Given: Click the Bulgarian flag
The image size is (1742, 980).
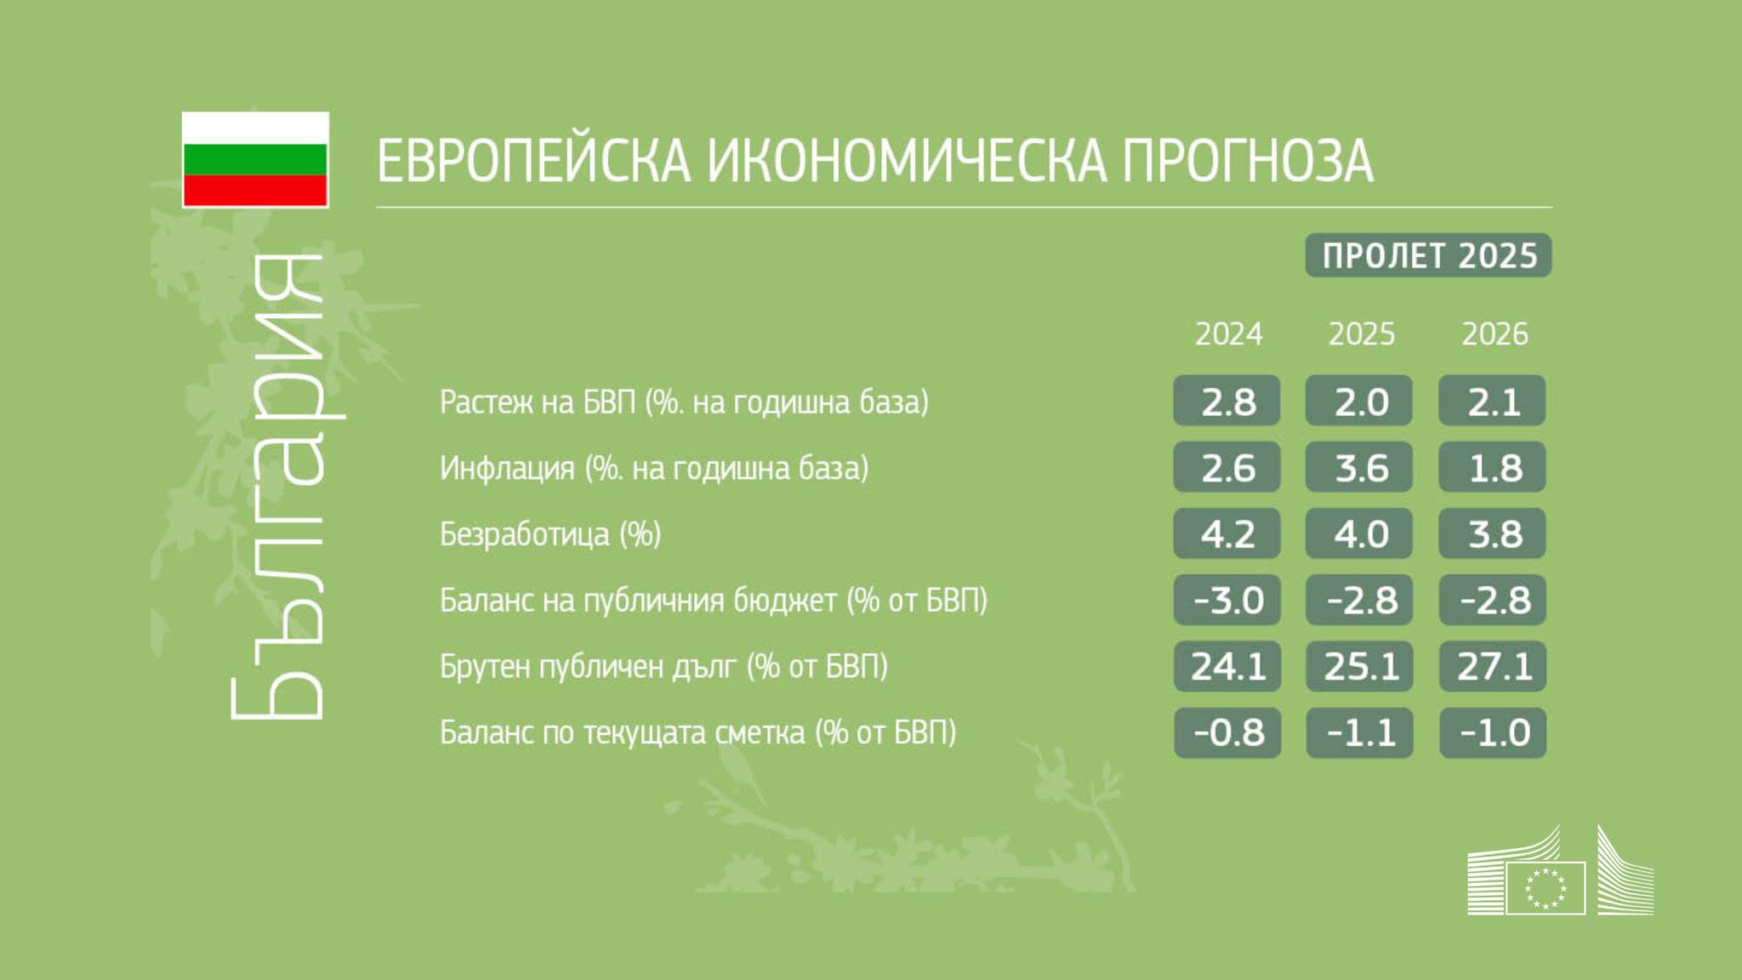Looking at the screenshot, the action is pos(255,159).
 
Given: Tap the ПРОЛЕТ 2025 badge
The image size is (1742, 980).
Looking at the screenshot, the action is pos(1429,255).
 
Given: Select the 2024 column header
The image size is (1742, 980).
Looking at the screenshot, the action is pos(1228,334).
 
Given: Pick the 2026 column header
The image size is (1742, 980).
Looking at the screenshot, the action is pos(1494,334).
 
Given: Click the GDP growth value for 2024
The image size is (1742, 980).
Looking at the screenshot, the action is pos(1227,401).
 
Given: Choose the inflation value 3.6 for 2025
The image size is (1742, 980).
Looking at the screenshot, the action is pos(1359,467).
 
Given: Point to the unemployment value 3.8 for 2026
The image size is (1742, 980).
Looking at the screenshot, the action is pos(1493,533).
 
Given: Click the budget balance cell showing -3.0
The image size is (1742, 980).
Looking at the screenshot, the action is pos(1227,600).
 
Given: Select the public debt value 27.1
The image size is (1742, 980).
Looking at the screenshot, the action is pos(1493,666).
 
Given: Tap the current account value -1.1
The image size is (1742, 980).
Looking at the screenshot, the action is pos(1359,732).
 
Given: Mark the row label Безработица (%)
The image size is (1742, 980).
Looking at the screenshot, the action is pos(550,534).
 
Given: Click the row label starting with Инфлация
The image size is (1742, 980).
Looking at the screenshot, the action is pos(654,468).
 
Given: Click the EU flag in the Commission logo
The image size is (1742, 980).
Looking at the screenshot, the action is pos(1546,888).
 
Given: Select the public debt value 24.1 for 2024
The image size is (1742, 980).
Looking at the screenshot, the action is pos(1227,666).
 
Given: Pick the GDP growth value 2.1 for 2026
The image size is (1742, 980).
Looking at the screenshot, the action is pos(1493,401).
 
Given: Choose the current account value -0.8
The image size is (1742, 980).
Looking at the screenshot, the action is pos(1227,732).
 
